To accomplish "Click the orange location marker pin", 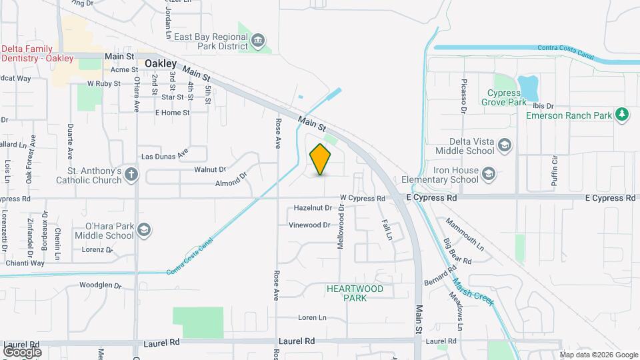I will [321, 159].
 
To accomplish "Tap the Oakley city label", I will [161, 63].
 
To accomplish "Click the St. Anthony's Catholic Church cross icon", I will [131, 175].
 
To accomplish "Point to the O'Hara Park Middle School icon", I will [143, 231].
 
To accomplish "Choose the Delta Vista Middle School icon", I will [505, 145].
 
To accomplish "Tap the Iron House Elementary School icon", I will [489, 175].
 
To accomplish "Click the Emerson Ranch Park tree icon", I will [622, 115].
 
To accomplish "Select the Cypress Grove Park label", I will [503, 97].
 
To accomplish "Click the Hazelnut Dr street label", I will [313, 208].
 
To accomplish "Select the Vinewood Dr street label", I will [309, 225].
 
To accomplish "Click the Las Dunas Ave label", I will [165, 155].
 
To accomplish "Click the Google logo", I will [22, 351].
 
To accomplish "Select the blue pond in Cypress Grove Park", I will [528, 86].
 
